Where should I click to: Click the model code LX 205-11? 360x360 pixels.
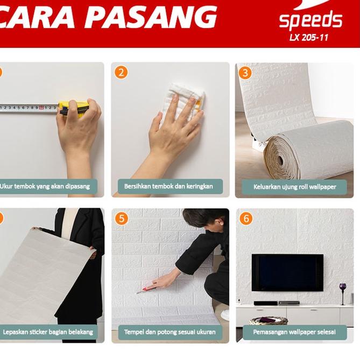[309, 38]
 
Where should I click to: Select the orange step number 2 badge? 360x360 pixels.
[121, 72]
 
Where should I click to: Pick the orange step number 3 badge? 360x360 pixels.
[245, 72]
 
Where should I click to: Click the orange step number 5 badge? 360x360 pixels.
[121, 218]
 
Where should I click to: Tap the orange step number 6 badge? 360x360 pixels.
[246, 218]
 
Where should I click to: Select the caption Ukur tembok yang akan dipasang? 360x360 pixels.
[48, 187]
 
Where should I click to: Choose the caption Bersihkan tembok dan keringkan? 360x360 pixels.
[168, 187]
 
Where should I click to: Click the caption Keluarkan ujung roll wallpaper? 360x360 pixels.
[294, 187]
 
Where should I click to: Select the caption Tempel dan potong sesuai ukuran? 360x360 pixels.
[170, 332]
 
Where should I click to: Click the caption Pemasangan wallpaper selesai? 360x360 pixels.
[294, 332]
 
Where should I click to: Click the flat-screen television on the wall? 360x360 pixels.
[287, 272]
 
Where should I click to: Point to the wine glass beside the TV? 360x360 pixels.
[342, 291]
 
